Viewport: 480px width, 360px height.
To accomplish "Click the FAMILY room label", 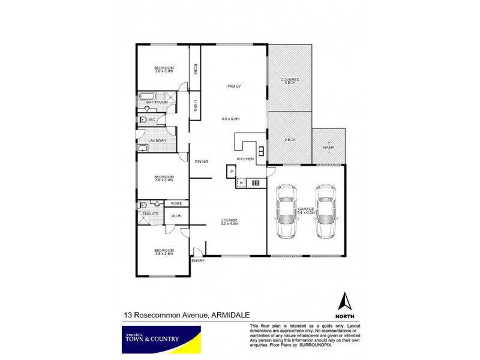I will coord(233,86).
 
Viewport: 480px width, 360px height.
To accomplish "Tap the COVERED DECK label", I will coord(290,80).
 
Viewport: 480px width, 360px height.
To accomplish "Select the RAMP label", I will coord(328,147).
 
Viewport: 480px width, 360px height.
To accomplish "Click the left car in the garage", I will coord(286,211).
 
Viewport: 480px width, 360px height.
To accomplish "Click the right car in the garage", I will coord(326,211).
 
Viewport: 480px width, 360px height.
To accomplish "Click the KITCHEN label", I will coord(245,158).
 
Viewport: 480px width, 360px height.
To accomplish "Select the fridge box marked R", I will coord(241,182).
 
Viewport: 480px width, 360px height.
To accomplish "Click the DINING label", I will coord(200,161).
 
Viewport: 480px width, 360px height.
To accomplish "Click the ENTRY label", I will coord(198,261).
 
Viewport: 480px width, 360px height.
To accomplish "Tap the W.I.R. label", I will coord(176,217).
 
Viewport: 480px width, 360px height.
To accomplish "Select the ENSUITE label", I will coord(151,214).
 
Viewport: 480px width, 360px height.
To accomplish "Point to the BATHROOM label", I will coord(157,103).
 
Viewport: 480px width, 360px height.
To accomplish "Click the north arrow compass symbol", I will coord(344,301).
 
